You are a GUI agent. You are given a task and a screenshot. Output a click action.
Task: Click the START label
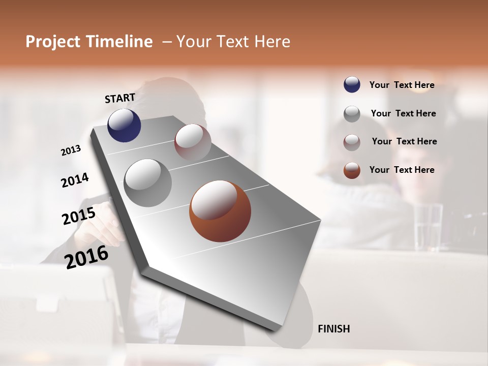click(x=120, y=98)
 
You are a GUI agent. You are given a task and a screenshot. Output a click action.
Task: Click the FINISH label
click(x=333, y=329)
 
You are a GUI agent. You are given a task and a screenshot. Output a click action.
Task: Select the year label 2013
click(x=71, y=150)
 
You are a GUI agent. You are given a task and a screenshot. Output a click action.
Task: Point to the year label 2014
click(x=75, y=180)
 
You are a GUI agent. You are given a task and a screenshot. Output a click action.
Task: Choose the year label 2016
click(x=86, y=257)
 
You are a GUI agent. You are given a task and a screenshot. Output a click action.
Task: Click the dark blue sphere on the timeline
click(x=124, y=125)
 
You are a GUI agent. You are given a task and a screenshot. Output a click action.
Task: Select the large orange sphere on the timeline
click(x=220, y=211)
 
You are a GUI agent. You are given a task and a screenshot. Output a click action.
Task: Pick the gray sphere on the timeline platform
click(x=147, y=183)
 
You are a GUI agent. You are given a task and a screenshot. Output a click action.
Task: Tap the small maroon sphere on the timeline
click(x=193, y=142)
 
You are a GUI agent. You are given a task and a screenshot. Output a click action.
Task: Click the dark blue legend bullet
click(x=352, y=85)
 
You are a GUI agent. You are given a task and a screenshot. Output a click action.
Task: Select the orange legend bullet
click(x=352, y=170)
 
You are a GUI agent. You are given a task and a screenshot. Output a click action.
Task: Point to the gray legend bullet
click(x=352, y=114)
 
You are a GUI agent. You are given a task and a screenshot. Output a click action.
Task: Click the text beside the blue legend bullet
click(x=402, y=85)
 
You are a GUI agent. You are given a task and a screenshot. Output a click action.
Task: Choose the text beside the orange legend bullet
click(x=402, y=170)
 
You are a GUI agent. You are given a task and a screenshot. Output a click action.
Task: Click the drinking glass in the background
click(x=428, y=227)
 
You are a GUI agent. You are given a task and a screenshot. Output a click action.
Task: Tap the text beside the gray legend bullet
click(x=403, y=113)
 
